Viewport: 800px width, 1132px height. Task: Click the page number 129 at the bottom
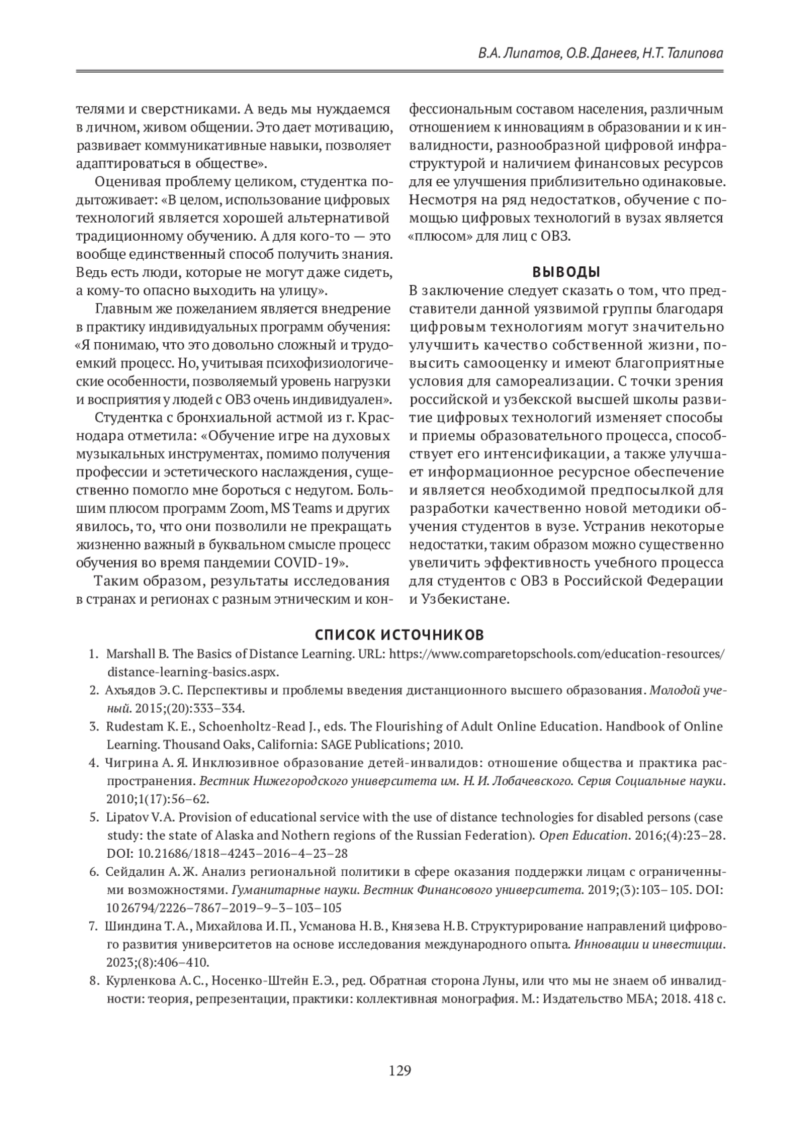click(400, 1071)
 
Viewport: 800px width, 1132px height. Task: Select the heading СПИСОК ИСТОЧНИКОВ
click(400, 634)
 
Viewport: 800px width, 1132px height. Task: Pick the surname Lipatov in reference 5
click(125, 817)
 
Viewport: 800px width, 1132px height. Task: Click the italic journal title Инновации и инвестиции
click(649, 945)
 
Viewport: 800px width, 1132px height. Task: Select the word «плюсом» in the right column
click(433, 236)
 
